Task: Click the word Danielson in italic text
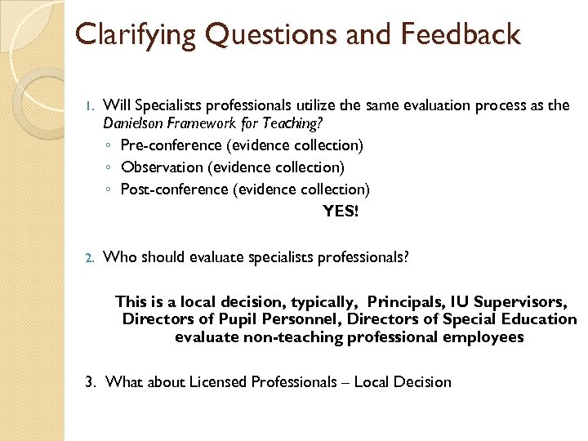click(133, 124)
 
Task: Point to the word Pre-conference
click(171, 145)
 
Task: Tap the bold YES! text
click(340, 211)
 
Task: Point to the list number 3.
click(90, 381)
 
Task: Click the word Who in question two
click(121, 257)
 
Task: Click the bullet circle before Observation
click(109, 168)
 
